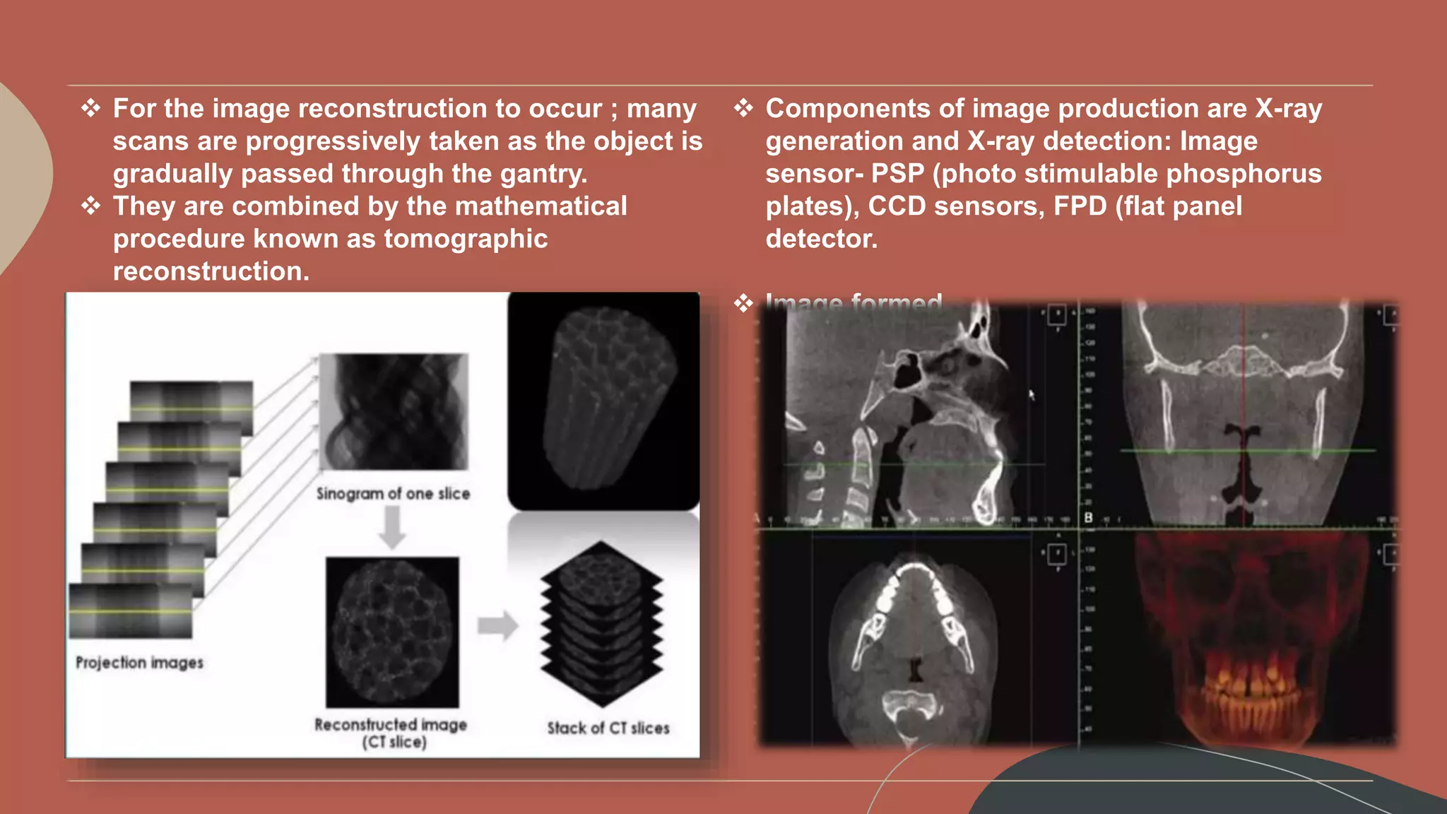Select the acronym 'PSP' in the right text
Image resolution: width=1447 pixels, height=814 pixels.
click(x=897, y=175)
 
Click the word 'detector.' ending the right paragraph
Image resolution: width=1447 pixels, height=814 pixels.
click(x=821, y=240)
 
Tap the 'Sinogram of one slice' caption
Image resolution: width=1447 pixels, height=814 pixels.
click(x=393, y=494)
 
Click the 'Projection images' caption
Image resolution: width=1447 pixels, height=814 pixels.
click(x=139, y=663)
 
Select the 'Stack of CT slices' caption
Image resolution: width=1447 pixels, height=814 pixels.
click(x=608, y=728)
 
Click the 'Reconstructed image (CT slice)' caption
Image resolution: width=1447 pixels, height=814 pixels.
click(x=391, y=733)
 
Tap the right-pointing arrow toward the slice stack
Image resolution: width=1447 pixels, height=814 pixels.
click(x=497, y=625)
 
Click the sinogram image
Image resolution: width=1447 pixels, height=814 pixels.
click(x=394, y=412)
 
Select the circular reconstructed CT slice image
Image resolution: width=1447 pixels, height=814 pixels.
click(x=392, y=631)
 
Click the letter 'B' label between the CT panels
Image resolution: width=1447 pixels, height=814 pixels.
click(x=1088, y=518)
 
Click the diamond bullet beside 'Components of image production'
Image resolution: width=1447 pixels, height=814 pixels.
click(x=743, y=109)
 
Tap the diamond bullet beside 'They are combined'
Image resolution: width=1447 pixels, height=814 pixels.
click(x=90, y=206)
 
